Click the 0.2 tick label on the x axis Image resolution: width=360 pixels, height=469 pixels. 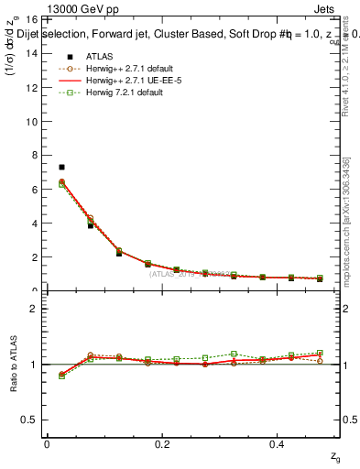pyautogui.click(x=162, y=444)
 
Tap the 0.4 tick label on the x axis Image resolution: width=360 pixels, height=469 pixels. pyautogui.click(x=279, y=444)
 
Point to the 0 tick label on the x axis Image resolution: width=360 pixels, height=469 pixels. pyautogui.click(x=47, y=444)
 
